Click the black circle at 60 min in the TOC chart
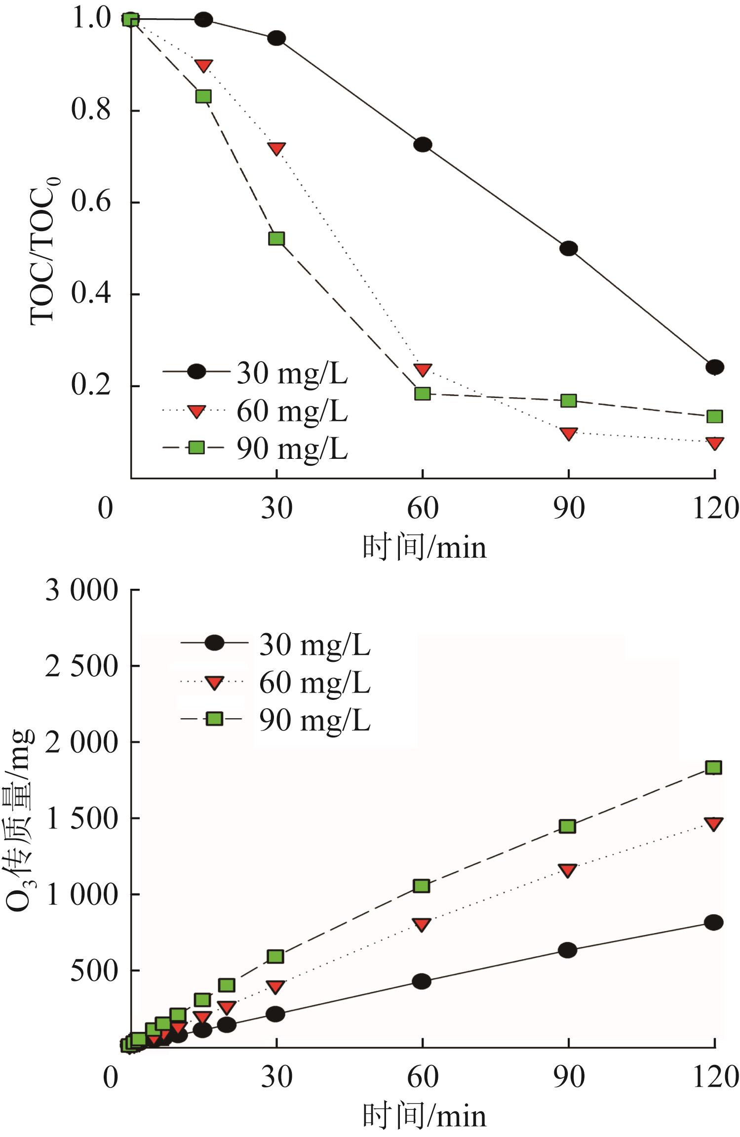pos(423,145)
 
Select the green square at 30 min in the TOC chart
pos(276,239)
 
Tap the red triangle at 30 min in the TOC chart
pos(276,149)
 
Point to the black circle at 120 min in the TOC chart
pos(715,367)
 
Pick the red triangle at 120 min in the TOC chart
pos(715,443)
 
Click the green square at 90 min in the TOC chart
pos(569,401)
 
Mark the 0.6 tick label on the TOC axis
pos(91,202)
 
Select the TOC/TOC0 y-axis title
pos(44,250)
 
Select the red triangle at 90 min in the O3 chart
pos(568,870)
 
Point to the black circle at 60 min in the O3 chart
pos(422,981)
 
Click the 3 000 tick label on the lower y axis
pos(82,590)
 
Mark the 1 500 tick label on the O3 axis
pos(82,818)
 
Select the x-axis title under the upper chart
pos(425,547)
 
